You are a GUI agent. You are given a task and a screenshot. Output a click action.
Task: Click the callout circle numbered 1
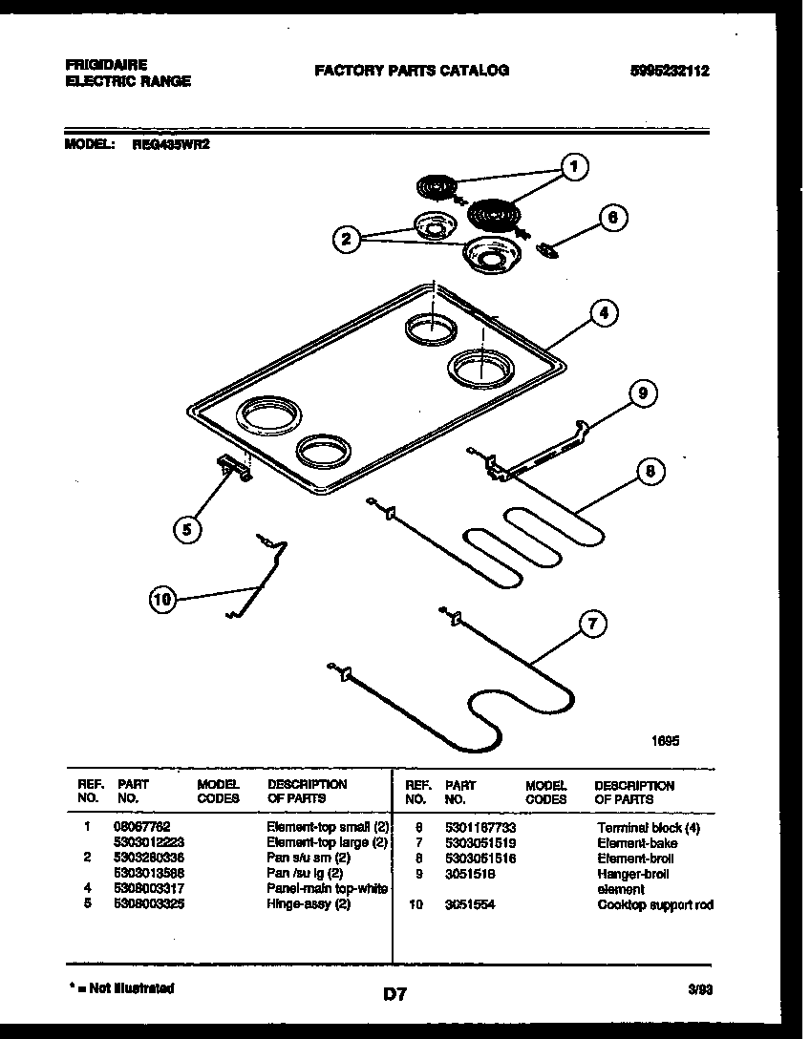[x=573, y=168]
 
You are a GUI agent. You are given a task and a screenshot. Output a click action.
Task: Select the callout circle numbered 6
[x=613, y=219]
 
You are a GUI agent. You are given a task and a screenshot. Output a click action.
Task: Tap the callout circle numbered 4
[x=602, y=312]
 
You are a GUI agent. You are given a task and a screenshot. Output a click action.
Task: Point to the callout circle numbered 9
[x=642, y=393]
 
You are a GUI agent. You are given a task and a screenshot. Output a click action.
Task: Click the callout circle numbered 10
[x=163, y=600]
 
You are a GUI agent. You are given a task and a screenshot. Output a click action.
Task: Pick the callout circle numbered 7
[x=592, y=626]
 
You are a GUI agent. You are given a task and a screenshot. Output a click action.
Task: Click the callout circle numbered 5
[x=188, y=529]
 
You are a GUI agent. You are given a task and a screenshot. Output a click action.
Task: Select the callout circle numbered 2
[x=347, y=240]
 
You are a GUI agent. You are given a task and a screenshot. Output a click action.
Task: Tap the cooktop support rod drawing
[x=258, y=578]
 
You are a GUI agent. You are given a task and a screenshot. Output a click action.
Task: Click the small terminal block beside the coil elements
[x=548, y=250]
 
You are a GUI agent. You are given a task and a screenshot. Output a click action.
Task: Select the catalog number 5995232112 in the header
[x=670, y=71]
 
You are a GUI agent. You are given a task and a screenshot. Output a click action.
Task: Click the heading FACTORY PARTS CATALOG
[x=412, y=70]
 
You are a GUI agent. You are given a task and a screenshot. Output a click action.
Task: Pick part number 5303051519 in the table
[x=480, y=843]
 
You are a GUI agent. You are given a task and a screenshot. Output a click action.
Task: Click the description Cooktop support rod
[x=654, y=904]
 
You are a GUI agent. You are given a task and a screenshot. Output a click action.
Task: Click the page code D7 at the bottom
[x=395, y=994]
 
